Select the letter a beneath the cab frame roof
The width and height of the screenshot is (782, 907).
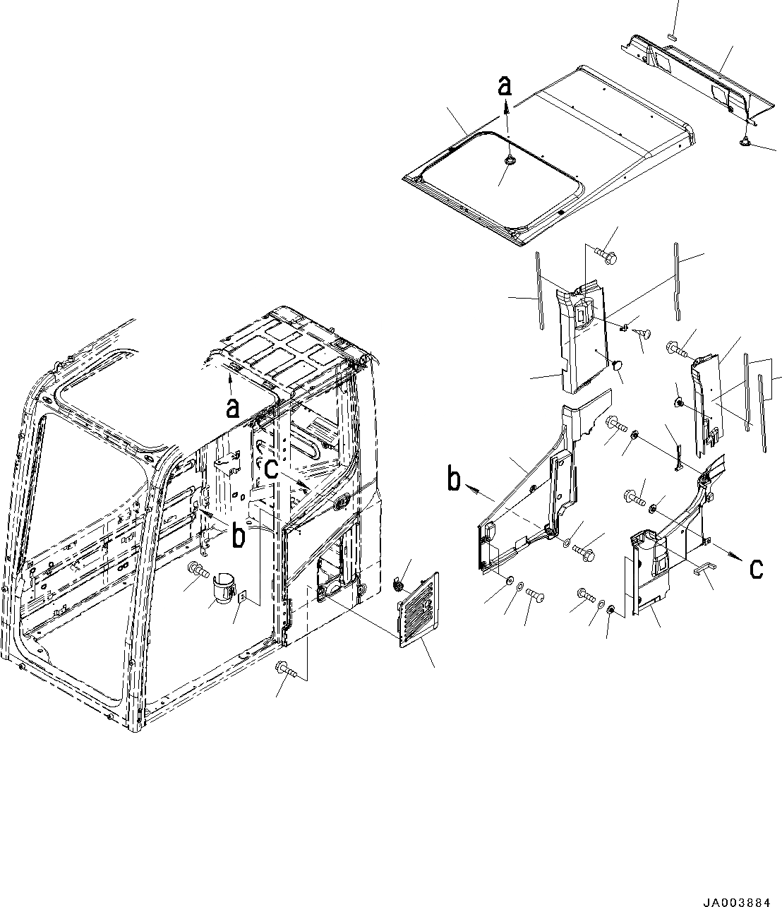(x=232, y=407)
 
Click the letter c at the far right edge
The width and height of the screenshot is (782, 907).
(x=755, y=568)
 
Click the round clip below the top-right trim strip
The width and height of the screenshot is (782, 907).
(x=745, y=143)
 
